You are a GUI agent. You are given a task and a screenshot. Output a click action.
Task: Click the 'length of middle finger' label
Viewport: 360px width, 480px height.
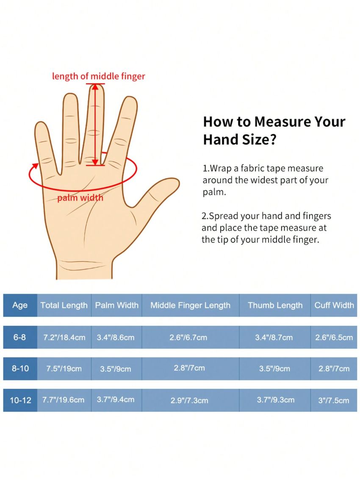(x=99, y=76)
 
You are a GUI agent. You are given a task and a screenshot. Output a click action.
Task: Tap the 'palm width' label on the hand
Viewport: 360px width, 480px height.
(x=80, y=198)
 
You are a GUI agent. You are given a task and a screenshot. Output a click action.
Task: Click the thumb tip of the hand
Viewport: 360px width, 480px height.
(x=174, y=183)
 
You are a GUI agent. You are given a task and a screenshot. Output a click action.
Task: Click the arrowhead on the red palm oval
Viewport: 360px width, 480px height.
(x=35, y=166)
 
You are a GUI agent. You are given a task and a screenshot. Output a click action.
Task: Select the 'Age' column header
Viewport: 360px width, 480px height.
(x=20, y=305)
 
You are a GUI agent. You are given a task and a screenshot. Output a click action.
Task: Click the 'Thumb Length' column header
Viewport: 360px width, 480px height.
(x=275, y=305)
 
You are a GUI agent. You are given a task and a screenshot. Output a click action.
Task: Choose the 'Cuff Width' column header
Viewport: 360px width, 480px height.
(x=334, y=305)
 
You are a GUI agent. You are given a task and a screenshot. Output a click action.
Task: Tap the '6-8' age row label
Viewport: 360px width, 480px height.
(x=19, y=337)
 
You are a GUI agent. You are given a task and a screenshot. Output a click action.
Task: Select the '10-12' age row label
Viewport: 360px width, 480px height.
(x=20, y=400)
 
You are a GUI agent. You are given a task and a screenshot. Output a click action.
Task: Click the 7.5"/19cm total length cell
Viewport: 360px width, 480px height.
(x=64, y=369)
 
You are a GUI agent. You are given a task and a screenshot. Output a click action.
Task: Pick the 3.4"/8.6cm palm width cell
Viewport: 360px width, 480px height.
(x=116, y=337)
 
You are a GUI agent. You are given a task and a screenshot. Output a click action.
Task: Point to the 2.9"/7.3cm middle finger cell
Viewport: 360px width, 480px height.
(x=189, y=400)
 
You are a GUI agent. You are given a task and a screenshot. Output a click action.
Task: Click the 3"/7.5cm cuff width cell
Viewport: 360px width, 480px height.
(x=334, y=400)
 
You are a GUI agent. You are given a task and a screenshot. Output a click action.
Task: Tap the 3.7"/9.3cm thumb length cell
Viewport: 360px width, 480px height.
(x=276, y=400)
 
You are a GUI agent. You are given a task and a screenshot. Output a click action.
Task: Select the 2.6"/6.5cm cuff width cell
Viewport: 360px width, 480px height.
(x=334, y=337)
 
